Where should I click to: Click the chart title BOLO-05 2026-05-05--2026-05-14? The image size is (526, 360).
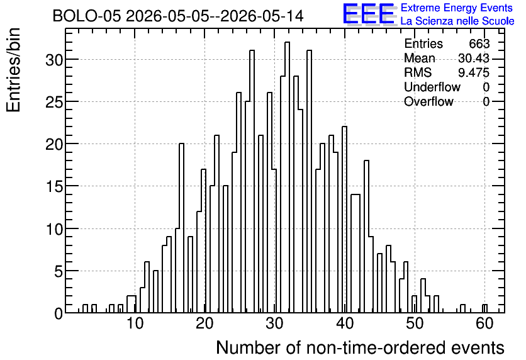pos(178,16)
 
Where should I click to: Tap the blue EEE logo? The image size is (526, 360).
pos(369,14)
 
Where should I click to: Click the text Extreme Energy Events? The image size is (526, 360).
pos(457,8)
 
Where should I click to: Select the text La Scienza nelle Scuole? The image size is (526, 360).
pos(457,21)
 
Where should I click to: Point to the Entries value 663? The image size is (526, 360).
pos(479,43)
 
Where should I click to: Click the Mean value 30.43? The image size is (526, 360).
pos(474,58)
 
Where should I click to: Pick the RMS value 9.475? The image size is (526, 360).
pos(474,72)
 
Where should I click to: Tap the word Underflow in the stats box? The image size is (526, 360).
pos(432,87)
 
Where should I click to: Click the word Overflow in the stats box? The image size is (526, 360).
pos(428,101)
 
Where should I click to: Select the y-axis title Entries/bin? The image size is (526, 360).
pos(13,70)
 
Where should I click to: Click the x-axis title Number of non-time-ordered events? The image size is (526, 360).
pos(360,347)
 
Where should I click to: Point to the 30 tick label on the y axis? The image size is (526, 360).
pos(53,59)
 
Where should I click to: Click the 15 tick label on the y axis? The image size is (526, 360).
pos(53,186)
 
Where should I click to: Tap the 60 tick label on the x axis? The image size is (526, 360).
pos(484,323)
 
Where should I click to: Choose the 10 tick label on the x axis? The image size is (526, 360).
pos(135,323)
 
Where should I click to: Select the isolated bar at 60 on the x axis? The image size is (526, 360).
pos(484,308)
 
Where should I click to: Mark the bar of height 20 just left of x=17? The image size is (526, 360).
pos(181,228)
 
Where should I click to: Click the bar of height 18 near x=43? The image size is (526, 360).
pos(366,237)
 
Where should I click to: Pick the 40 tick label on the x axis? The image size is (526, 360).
pos(345,323)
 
